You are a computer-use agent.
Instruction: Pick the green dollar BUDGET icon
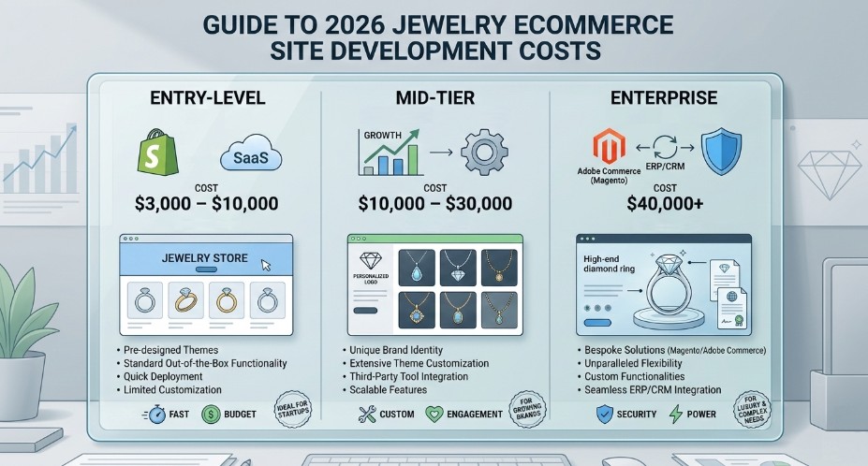point(211,413)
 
